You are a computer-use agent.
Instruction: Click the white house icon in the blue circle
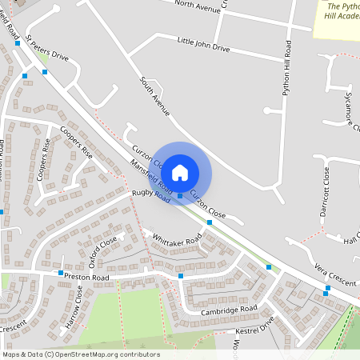click(180, 172)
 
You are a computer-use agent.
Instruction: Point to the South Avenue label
click(155, 97)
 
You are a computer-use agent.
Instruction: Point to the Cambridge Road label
click(229, 310)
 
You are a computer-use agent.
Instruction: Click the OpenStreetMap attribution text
click(81, 354)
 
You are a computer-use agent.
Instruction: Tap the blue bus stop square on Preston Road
click(60, 273)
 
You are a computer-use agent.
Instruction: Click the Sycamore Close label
click(351, 112)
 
